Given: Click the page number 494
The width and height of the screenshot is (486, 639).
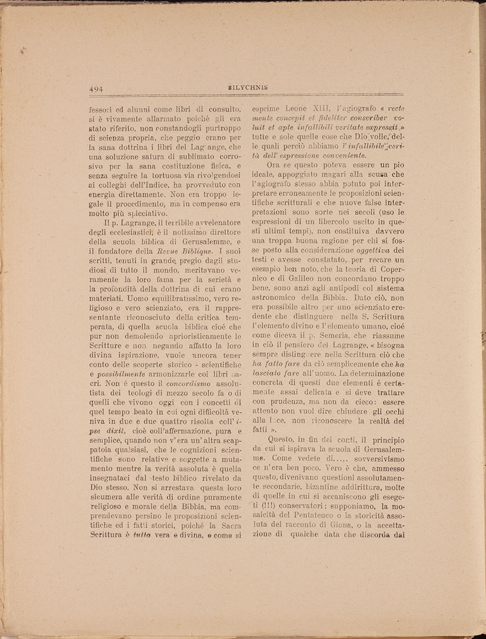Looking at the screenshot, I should [x=96, y=89].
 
